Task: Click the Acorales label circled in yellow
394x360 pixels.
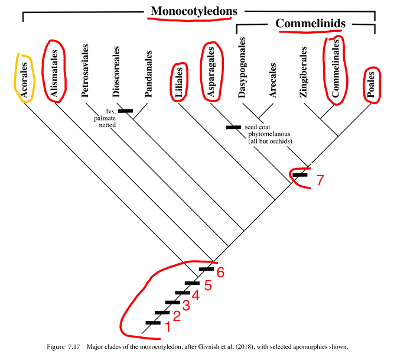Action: [25, 77]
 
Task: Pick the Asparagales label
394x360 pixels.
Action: [210, 72]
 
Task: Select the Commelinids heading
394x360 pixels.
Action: [311, 24]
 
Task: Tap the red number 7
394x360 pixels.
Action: [320, 180]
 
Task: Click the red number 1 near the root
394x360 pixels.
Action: [167, 326]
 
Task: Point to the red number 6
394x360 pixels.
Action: [221, 272]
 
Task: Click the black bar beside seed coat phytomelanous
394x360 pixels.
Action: [234, 127]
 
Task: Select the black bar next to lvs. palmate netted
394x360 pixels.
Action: [125, 111]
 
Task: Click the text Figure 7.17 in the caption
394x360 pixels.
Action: [63, 346]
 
